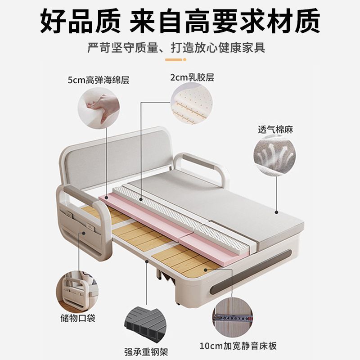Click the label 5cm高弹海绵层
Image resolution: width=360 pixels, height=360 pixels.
[x=98, y=81]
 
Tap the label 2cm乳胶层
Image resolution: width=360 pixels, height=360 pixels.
[x=192, y=77]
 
